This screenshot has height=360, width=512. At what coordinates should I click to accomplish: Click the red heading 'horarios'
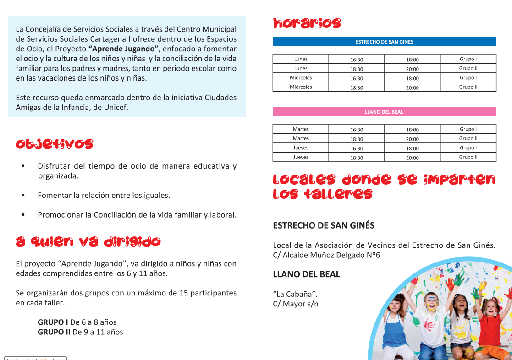pyautogui.click(x=307, y=23)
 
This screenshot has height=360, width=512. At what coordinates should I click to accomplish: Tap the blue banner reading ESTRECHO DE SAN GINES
pyautogui.click(x=384, y=42)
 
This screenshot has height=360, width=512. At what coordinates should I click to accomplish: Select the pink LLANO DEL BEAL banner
pyautogui.click(x=384, y=112)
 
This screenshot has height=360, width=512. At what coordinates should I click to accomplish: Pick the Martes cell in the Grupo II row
pyautogui.click(x=301, y=138)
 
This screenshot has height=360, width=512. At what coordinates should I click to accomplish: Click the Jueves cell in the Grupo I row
pyautogui.click(x=301, y=148)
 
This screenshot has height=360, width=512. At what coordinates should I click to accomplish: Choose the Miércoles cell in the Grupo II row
pyautogui.click(x=301, y=87)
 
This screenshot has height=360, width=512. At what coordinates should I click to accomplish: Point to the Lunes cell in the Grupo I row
pyautogui.click(x=301, y=59)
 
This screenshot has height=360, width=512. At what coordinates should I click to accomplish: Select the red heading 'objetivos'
pyautogui.click(x=55, y=144)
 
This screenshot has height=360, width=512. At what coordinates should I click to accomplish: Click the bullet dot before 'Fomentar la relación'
pyautogui.click(x=23, y=196)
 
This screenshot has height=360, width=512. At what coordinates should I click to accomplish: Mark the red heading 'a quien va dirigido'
pyautogui.click(x=88, y=242)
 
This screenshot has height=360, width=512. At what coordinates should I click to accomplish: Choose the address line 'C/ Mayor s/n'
pyautogui.click(x=296, y=304)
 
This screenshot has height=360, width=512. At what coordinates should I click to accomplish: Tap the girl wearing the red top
pyautogui.click(x=490, y=321)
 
